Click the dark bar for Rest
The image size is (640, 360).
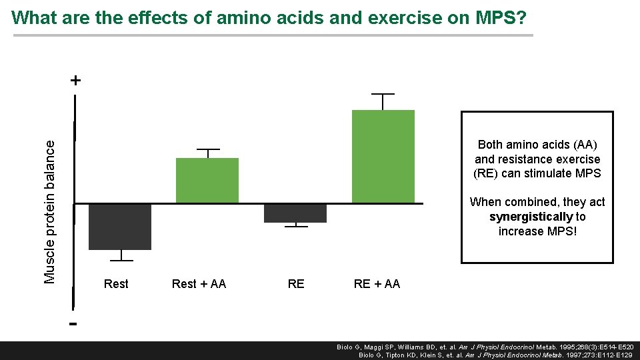click(x=120, y=227)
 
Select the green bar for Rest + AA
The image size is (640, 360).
click(x=207, y=181)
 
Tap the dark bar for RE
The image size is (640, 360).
click(x=295, y=213)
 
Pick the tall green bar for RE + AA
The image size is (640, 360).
click(x=383, y=157)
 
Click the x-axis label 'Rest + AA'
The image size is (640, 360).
click(x=199, y=284)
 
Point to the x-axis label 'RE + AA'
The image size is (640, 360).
click(x=377, y=284)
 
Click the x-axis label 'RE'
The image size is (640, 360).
click(x=295, y=284)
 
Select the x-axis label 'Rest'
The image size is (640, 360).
click(x=116, y=284)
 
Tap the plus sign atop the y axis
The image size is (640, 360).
click(x=76, y=81)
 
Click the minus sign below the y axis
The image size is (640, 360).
click(x=73, y=324)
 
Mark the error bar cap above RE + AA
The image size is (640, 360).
click(x=383, y=94)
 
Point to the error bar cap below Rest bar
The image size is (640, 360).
click(x=121, y=260)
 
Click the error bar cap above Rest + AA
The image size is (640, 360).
click(x=208, y=149)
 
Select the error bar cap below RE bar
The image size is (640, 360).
click(x=296, y=227)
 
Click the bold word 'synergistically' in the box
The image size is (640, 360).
click(x=531, y=217)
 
